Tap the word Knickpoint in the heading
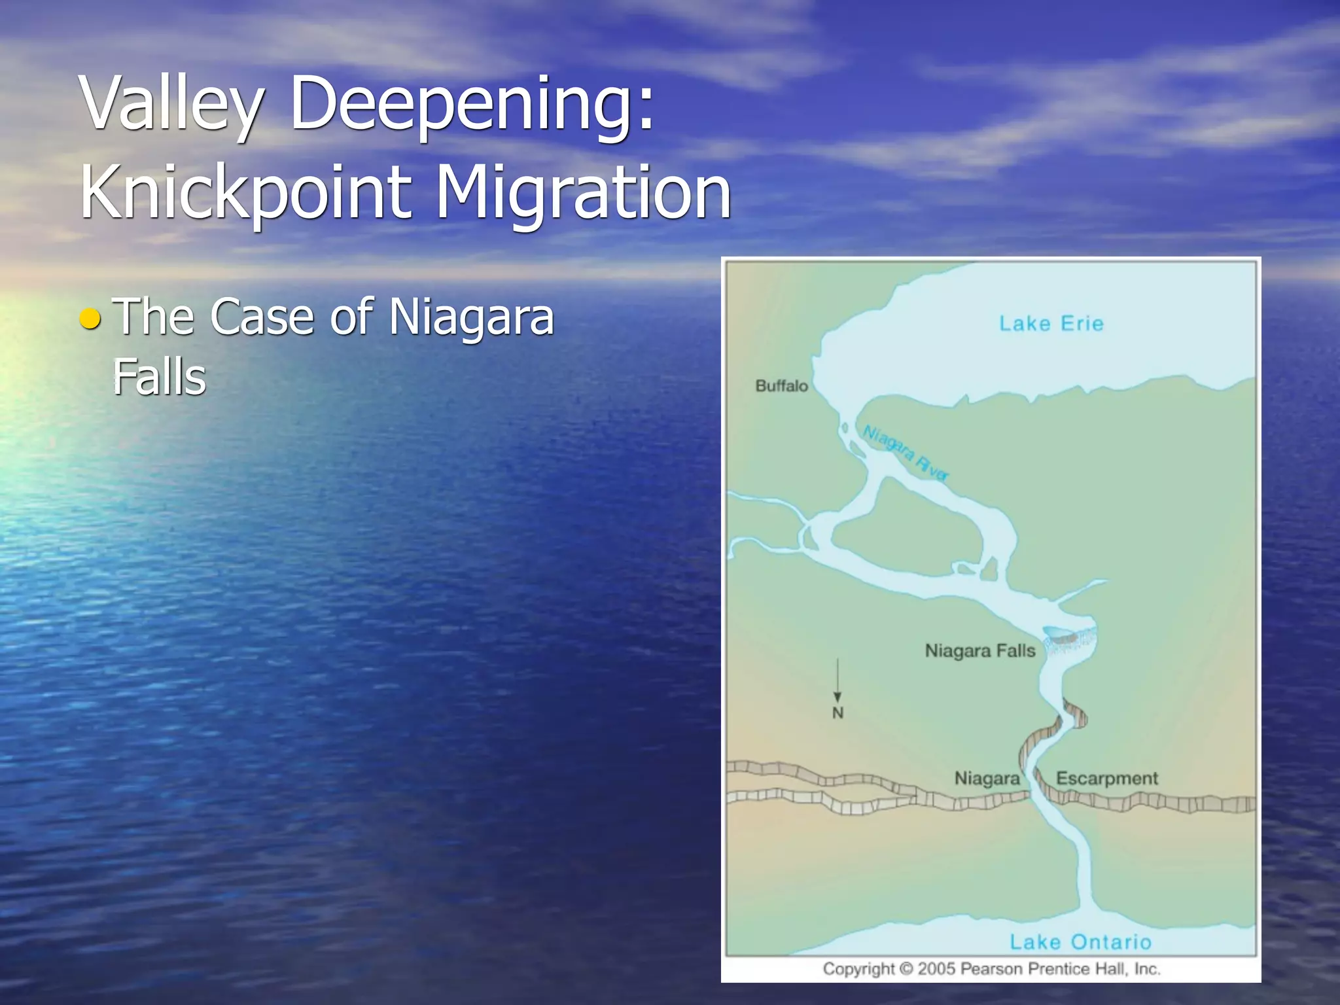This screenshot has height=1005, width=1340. (x=245, y=193)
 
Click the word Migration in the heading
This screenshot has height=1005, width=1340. (x=582, y=193)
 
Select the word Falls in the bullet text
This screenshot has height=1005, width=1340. (x=159, y=378)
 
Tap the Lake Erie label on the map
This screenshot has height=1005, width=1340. (x=1051, y=323)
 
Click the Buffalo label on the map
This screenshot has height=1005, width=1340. (x=781, y=386)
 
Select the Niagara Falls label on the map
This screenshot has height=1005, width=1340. (x=979, y=651)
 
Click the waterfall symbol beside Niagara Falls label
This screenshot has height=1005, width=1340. (x=1069, y=642)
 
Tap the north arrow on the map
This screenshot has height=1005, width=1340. (x=837, y=680)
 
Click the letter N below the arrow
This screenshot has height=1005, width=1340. (x=837, y=713)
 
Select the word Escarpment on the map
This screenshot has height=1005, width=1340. (x=1106, y=778)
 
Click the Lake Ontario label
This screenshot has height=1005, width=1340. (x=1080, y=942)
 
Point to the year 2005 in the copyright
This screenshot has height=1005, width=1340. (x=936, y=968)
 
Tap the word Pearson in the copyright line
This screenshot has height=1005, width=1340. (x=991, y=968)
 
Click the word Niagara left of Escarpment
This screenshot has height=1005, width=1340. (x=987, y=778)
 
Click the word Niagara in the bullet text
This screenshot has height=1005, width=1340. (x=471, y=317)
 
